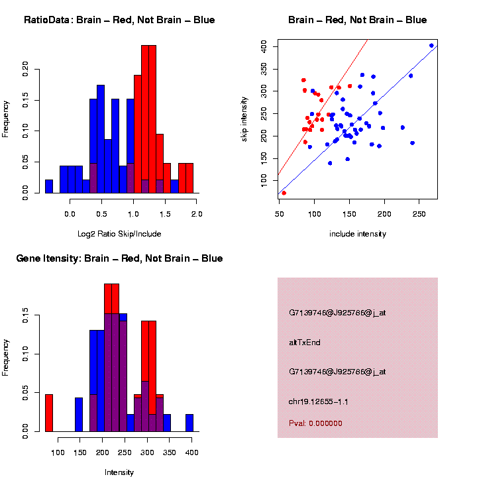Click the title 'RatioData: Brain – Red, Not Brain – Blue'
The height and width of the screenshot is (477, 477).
(119, 20)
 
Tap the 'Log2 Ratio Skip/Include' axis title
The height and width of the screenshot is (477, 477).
(119, 234)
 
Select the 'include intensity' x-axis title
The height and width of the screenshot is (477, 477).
(357, 234)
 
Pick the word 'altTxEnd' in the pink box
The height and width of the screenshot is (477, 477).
(305, 343)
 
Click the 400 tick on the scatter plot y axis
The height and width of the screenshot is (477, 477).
(264, 46)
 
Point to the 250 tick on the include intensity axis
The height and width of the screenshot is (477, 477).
(419, 215)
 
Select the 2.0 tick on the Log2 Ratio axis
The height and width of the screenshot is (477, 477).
(196, 215)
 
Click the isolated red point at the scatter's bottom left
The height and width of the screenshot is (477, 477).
(284, 193)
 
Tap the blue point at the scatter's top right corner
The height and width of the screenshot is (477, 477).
(431, 46)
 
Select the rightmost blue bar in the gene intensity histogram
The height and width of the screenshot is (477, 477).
(189, 423)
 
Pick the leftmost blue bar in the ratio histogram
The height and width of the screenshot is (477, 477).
(49, 186)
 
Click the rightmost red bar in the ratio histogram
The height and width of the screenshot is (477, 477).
(189, 178)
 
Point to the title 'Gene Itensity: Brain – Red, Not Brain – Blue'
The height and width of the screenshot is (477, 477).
(119, 258)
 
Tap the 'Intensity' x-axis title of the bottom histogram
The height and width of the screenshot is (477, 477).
(119, 472)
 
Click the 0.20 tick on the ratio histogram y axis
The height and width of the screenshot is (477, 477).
(26, 68)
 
